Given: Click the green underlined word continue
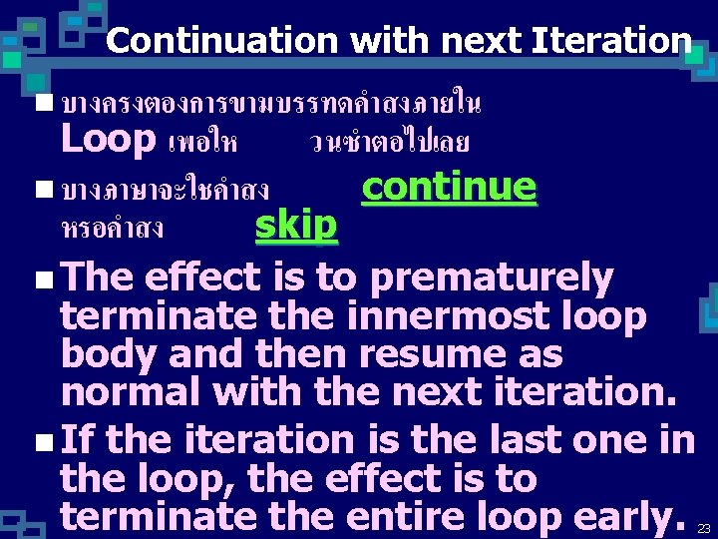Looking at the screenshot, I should pos(449,187).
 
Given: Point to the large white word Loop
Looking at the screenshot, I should pos(108,139).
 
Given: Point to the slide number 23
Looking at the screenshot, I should pos(703,528).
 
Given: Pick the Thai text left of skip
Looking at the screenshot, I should pos(112,229).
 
